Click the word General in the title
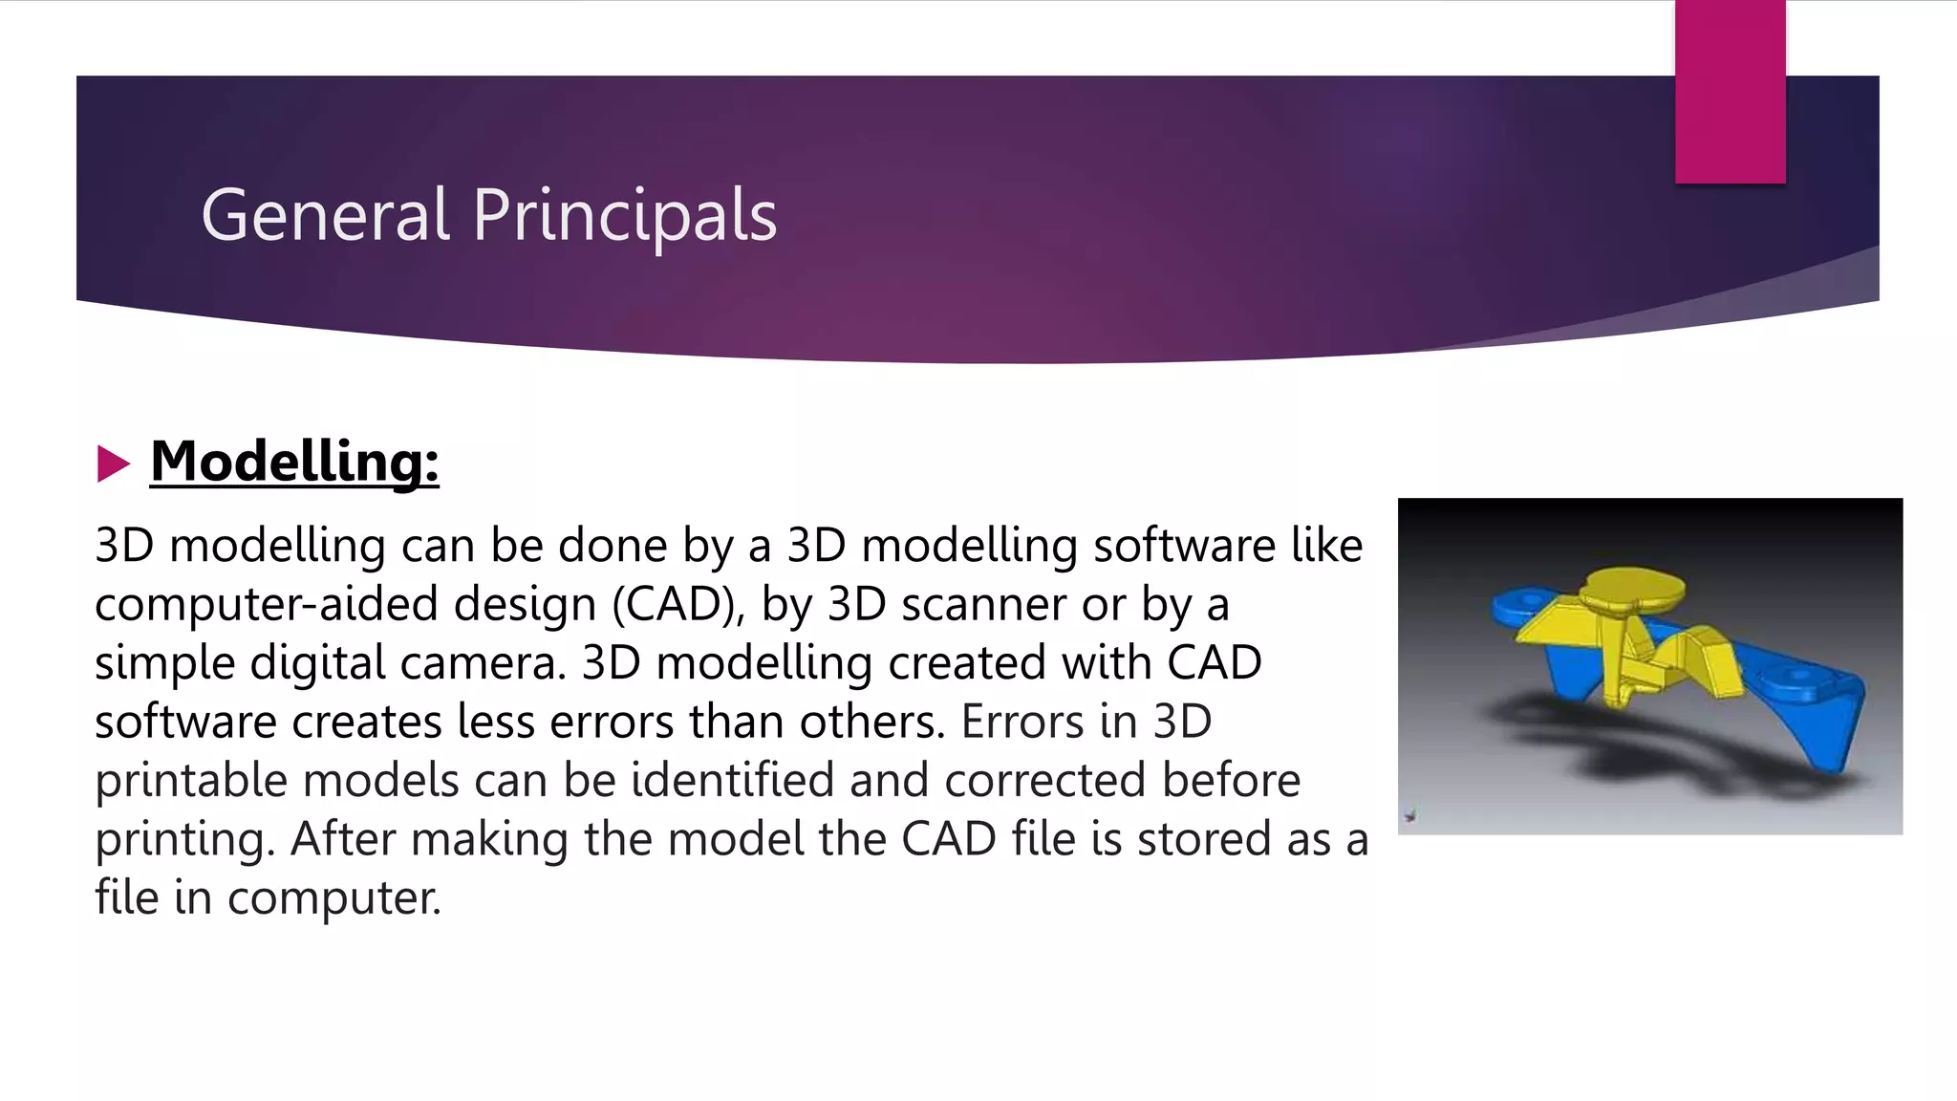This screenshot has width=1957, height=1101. coord(325,216)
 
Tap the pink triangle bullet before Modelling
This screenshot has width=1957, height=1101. coord(113,464)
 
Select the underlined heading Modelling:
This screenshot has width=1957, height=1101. coord(294,462)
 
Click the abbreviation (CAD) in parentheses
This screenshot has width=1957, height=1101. coord(677,605)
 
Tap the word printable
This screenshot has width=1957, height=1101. coord(190,782)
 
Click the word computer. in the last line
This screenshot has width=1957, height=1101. coord(333,898)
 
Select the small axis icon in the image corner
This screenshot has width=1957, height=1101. coord(1410,815)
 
